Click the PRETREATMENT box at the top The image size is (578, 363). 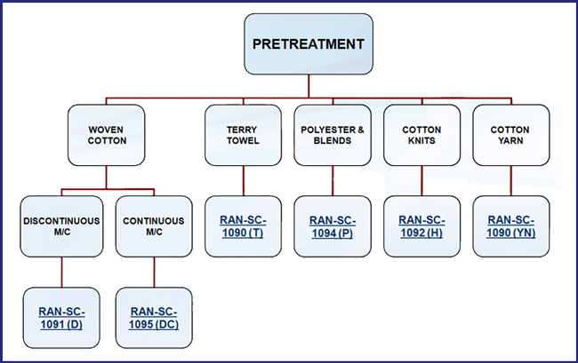click(309, 44)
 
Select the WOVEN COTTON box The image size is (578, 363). click(107, 135)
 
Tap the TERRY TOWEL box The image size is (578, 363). click(244, 135)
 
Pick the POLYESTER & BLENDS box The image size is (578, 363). click(333, 135)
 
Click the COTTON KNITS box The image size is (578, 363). click(422, 135)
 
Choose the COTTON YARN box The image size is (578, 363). click(511, 135)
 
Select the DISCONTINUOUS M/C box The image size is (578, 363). click(61, 226)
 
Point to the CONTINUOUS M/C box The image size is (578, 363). click(154, 226)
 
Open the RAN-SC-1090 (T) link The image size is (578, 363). click(243, 226)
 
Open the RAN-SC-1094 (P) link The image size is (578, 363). click(333, 226)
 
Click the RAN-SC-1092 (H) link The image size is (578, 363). click(421, 226)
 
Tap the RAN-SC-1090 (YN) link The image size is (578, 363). click(511, 226)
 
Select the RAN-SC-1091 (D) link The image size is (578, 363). click(61, 318)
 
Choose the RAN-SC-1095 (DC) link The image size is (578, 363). click(154, 318)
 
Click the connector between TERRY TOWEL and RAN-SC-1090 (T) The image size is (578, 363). click(244, 180)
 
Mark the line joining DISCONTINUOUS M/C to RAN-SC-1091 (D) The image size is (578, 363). click(61, 272)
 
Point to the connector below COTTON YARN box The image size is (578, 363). click(511, 180)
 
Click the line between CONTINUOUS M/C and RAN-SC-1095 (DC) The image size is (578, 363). click(154, 272)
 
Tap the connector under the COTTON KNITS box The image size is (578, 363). click(422, 180)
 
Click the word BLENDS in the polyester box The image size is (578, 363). click(333, 140)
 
